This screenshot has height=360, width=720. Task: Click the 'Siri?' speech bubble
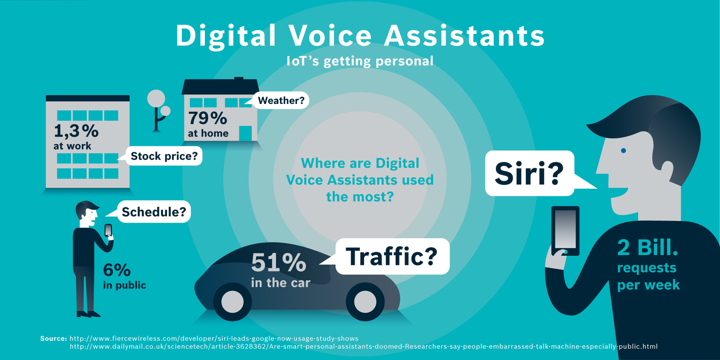click(x=529, y=173)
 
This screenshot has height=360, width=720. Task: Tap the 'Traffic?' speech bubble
click(x=392, y=256)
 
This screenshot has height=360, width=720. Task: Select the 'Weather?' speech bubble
click(x=281, y=100)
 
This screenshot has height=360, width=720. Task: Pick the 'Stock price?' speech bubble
click(x=164, y=156)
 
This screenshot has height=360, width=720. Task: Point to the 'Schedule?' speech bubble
click(x=154, y=212)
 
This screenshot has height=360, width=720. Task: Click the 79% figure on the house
click(x=207, y=118)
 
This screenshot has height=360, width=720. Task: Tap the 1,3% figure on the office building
click(x=76, y=131)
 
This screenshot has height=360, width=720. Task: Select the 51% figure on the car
click(x=279, y=262)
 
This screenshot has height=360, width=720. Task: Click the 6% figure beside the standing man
click(x=117, y=270)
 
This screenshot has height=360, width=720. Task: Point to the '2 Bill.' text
click(x=647, y=247)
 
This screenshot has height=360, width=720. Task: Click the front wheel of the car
click(x=365, y=301)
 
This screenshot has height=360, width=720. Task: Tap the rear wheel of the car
click(x=232, y=301)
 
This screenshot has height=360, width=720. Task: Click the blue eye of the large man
click(x=623, y=150)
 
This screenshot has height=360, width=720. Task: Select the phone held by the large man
click(x=565, y=230)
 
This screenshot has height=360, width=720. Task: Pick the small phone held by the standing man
click(x=108, y=230)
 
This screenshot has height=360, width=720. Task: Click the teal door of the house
click(x=245, y=133)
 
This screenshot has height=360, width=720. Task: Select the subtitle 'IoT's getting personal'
click(x=360, y=61)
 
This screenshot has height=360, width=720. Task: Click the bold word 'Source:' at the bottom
click(x=54, y=338)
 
